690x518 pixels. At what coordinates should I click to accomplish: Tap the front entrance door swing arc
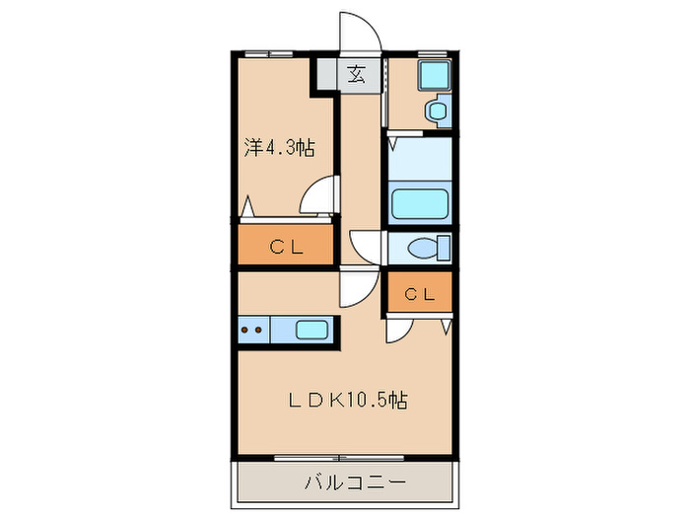pos(357,32)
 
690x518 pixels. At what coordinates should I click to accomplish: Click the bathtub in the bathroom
pos(421,203)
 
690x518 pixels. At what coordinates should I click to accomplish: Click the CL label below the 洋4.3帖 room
pos(285,248)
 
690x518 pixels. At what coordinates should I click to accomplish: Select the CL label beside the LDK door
pos(419,293)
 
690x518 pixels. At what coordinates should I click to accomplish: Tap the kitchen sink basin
pos(312,331)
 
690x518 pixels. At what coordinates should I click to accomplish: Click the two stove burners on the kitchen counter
pos(251,331)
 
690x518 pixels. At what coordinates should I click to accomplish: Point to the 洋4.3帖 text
pos(279,149)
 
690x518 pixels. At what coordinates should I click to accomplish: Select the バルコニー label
pos(345,484)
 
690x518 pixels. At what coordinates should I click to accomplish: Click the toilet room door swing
pos(365,247)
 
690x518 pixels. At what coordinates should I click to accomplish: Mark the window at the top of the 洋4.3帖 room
pos(269,51)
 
